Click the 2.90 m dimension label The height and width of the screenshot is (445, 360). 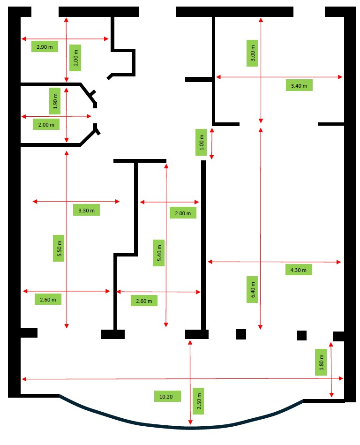pos(45,46)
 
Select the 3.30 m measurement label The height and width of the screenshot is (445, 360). pos(87,210)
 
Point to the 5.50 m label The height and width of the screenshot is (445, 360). pos(59,249)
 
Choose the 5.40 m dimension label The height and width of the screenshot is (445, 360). pos(159,253)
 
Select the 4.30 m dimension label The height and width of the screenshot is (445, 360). pos(299,270)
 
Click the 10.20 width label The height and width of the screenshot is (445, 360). pos(166,397)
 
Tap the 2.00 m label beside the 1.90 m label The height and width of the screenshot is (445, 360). pos(46,125)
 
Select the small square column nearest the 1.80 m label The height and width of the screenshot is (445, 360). pos(302,335)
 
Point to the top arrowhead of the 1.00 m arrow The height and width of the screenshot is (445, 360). pos(212,130)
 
